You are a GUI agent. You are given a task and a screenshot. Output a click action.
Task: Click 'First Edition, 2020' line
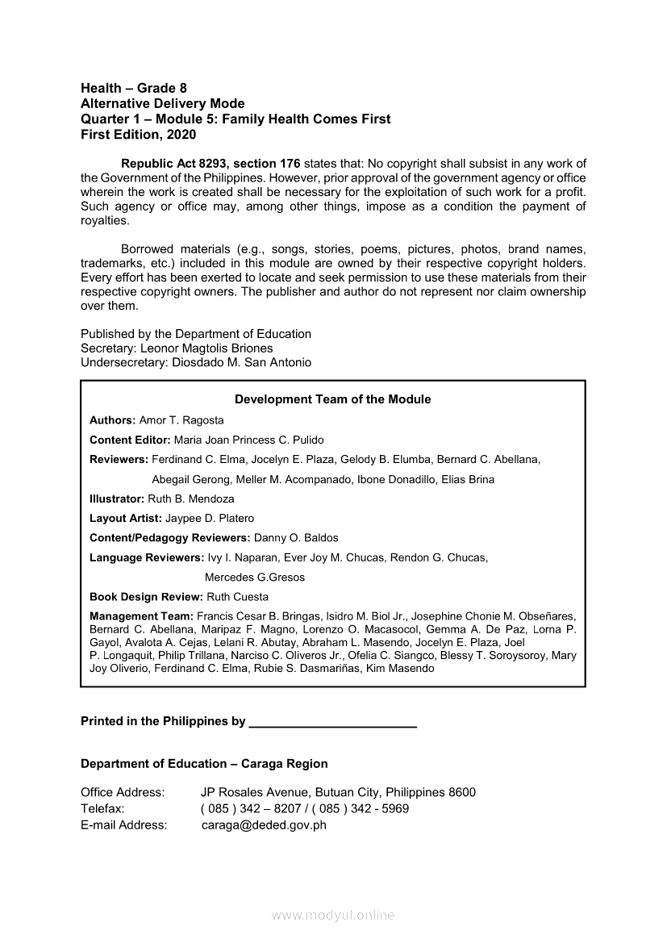click(138, 135)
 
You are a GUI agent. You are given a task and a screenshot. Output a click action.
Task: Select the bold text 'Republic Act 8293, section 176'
click(211, 164)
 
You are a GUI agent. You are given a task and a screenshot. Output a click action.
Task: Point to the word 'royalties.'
click(105, 220)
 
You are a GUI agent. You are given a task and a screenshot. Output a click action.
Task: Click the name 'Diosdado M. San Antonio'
click(242, 363)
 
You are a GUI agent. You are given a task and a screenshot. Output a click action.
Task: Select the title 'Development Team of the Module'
click(332, 399)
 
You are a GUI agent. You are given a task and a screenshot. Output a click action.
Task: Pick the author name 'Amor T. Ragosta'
click(181, 420)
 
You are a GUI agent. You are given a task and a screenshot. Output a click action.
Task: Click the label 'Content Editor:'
click(130, 440)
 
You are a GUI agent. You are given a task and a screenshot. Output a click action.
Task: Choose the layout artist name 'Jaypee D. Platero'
click(210, 519)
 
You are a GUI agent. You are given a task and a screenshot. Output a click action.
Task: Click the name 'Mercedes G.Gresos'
click(255, 578)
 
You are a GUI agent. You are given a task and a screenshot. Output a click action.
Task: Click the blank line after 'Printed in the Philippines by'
click(333, 722)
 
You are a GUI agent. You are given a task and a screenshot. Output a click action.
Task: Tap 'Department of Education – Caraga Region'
click(204, 764)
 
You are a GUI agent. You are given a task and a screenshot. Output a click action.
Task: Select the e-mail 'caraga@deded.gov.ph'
click(264, 824)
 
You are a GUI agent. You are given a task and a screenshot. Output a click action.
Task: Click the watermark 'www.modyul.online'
click(333, 916)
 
